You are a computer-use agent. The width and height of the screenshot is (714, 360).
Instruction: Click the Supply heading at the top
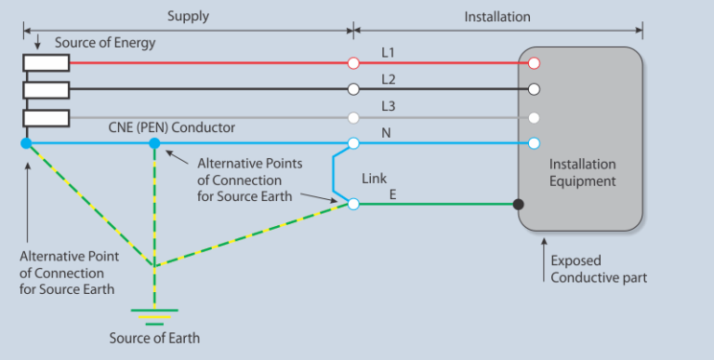tap(188, 16)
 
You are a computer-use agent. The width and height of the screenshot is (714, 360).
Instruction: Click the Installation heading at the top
tap(497, 16)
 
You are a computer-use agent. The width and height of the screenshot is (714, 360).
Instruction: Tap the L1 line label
tap(389, 52)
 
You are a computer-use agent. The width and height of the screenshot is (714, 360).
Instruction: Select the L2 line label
tap(389, 79)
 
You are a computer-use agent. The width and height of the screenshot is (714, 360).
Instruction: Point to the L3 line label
tap(389, 107)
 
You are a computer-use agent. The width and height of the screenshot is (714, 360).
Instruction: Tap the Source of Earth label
tap(153, 337)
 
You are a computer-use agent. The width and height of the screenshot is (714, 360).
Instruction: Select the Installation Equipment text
tap(582, 172)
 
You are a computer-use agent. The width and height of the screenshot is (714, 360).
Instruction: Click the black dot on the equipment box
tap(518, 204)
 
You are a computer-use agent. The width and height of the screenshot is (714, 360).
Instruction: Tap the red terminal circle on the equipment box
tap(534, 63)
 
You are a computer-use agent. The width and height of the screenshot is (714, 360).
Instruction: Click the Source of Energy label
tap(105, 43)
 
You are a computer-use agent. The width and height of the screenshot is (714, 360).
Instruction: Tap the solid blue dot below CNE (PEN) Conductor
tap(154, 143)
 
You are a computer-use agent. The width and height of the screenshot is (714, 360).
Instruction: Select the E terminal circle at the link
tap(353, 203)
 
